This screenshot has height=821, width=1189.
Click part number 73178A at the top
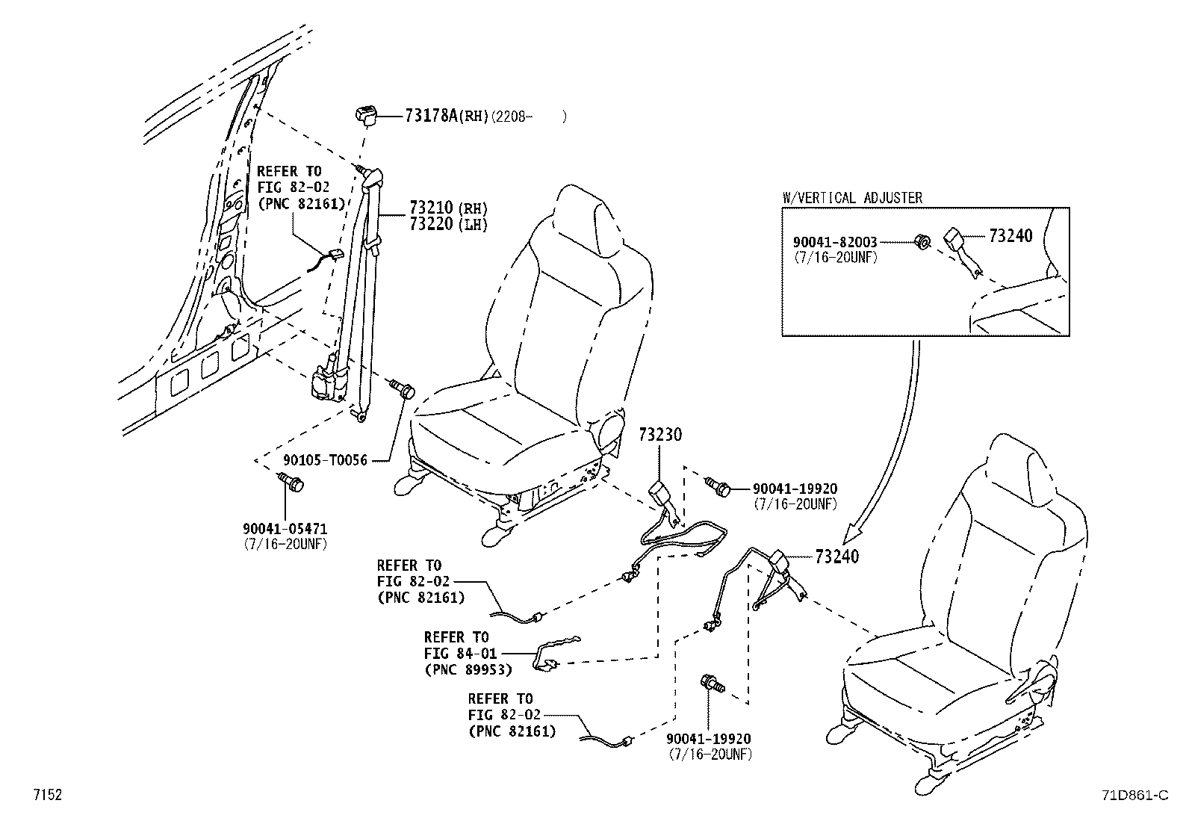431,116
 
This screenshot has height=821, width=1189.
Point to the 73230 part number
659,435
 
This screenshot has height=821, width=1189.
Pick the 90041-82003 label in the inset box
835,243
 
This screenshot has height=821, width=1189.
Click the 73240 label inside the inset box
1011,236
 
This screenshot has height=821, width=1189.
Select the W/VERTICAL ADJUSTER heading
851,198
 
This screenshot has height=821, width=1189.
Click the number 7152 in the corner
46,796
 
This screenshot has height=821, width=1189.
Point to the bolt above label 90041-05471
291,483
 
